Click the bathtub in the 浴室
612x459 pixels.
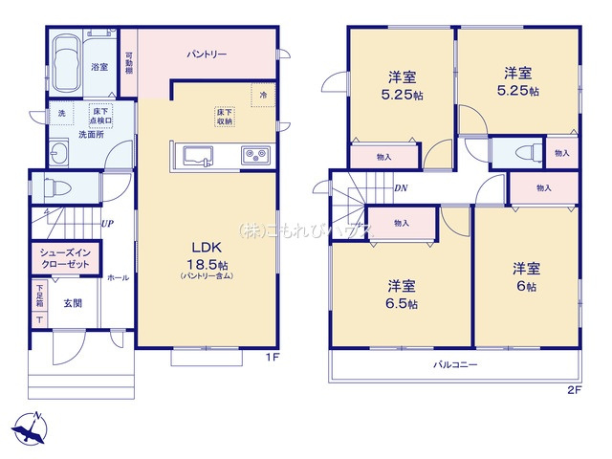click(66, 62)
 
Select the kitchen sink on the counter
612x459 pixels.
click(198, 156)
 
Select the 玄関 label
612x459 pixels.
click(74, 303)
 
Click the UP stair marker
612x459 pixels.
click(108, 224)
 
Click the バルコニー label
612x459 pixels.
click(454, 365)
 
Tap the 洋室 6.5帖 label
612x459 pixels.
click(402, 293)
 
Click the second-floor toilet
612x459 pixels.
click(522, 153)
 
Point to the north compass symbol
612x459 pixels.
click(33, 426)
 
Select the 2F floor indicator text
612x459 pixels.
click(574, 389)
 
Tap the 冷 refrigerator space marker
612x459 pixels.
click(263, 94)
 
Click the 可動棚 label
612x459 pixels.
click(128, 64)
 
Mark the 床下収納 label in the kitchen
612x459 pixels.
click(224, 117)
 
